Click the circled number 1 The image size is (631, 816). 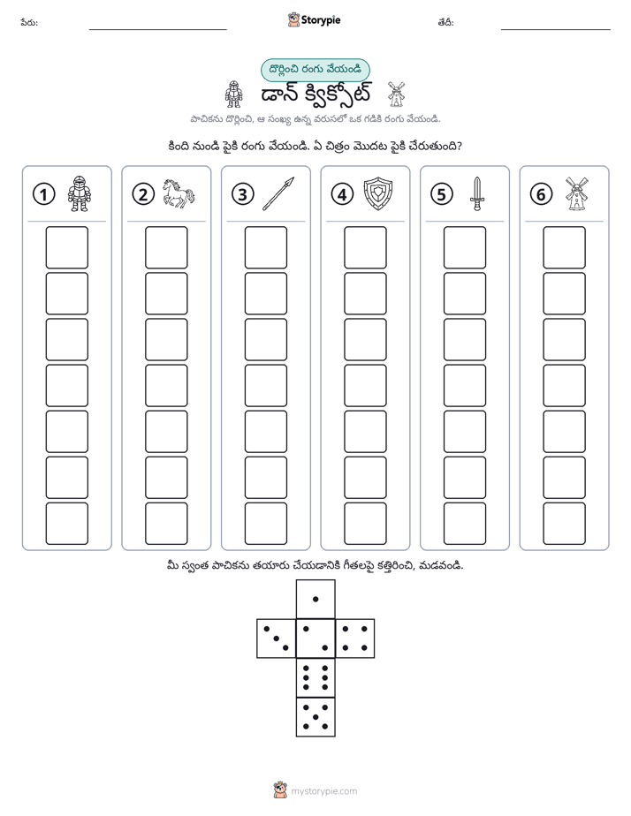click(x=43, y=194)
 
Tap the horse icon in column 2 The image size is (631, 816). click(x=178, y=193)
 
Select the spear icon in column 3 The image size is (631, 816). click(x=278, y=193)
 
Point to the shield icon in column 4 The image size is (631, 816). click(x=378, y=193)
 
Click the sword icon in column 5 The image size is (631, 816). click(x=477, y=193)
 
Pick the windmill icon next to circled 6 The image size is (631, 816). click(x=577, y=193)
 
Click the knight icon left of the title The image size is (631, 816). click(x=233, y=94)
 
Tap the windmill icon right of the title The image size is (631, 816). click(x=396, y=94)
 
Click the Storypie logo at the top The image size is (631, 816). click(x=314, y=19)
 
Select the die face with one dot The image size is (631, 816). click(x=315, y=599)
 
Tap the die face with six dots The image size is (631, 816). click(x=315, y=677)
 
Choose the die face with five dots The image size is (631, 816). click(x=315, y=716)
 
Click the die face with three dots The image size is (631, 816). click(x=277, y=638)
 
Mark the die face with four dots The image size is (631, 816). click(x=355, y=638)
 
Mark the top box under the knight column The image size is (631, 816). click(x=66, y=247)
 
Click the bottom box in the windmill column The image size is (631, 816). click(x=565, y=524)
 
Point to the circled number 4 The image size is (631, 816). click(x=342, y=194)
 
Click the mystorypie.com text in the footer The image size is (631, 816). click(x=323, y=791)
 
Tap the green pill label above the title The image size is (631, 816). click(x=315, y=70)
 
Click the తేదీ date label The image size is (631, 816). click(x=445, y=22)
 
